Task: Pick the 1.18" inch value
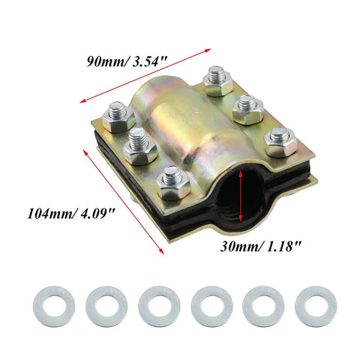coord(282,246)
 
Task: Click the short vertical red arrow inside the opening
coord(241,196)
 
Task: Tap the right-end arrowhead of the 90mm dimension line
coord(208,50)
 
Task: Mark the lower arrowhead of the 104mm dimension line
coord(161,250)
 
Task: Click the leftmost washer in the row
coord(54,307)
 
